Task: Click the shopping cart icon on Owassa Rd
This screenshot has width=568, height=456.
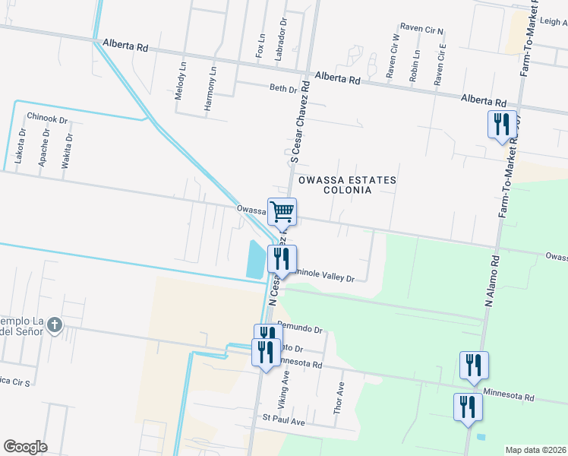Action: [282, 211]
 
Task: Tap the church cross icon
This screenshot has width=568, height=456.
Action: [54, 325]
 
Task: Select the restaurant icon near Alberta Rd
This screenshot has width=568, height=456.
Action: [501, 124]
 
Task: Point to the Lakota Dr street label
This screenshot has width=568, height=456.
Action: [22, 146]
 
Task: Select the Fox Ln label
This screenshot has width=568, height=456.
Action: [260, 46]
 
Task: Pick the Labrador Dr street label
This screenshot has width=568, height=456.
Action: [282, 33]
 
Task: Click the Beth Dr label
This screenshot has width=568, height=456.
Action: [282, 88]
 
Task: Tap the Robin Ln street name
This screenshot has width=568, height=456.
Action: [415, 66]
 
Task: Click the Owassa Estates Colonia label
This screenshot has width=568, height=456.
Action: [347, 185]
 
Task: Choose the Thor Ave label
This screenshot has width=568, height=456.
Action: [339, 397]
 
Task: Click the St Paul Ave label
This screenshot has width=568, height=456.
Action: [283, 420]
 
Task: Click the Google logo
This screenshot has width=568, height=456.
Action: [25, 446]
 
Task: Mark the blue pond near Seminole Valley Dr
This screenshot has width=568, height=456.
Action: [257, 258]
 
